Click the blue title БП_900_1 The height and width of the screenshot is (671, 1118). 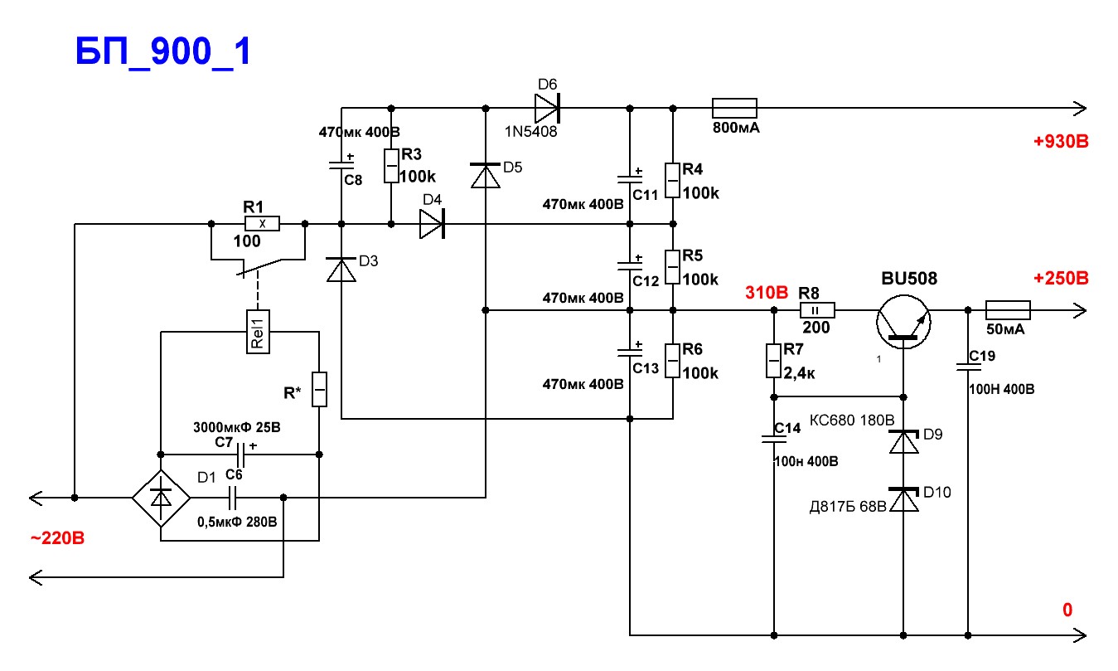(x=162, y=51)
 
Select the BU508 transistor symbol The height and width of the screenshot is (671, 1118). (x=903, y=322)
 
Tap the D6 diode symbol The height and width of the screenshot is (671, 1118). (x=548, y=108)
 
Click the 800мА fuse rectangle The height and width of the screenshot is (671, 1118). (x=734, y=108)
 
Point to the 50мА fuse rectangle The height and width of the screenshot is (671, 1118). (x=1008, y=309)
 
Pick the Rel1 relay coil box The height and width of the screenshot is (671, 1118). (x=258, y=332)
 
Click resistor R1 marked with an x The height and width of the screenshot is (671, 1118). (x=262, y=223)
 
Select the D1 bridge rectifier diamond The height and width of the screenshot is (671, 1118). (x=161, y=498)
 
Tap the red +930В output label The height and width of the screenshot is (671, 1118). (x=1061, y=141)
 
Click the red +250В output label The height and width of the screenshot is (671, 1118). (x=1061, y=278)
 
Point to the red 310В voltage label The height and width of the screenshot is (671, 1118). (x=766, y=292)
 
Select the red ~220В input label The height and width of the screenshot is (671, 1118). (x=57, y=538)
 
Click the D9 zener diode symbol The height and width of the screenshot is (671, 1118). (x=903, y=442)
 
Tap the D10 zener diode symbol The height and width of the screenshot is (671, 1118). (x=903, y=499)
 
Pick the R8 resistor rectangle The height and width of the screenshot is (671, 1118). (x=817, y=309)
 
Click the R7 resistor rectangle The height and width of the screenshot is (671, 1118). (x=773, y=360)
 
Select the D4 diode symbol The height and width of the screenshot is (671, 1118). (x=433, y=223)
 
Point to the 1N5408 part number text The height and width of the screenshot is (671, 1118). (x=530, y=132)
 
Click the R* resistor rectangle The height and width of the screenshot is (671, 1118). (x=319, y=389)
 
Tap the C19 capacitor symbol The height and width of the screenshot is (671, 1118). (x=968, y=367)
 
